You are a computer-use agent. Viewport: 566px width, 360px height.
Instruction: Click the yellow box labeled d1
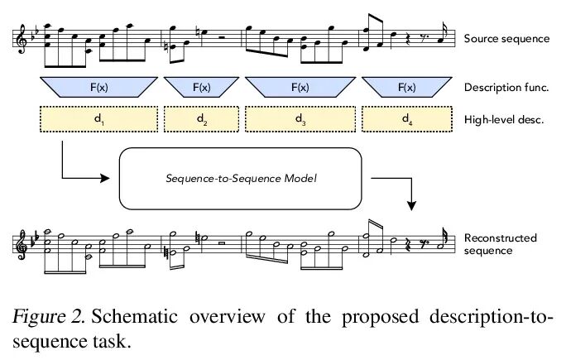[99, 119]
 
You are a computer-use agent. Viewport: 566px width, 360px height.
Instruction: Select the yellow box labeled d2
[201, 119]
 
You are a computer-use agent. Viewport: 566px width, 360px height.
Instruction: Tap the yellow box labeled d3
[300, 119]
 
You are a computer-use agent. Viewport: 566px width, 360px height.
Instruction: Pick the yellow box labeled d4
[406, 119]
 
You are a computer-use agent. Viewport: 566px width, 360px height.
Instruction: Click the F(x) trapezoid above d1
[99, 86]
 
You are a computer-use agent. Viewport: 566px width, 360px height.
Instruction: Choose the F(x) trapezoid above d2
[201, 86]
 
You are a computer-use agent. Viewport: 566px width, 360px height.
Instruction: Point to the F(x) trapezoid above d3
[300, 86]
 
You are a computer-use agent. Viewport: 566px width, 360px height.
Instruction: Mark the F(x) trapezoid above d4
[406, 86]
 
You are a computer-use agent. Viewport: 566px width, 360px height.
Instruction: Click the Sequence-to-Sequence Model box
[241, 178]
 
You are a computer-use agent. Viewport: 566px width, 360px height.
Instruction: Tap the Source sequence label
[506, 38]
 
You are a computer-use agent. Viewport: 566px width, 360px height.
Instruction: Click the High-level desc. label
[503, 119]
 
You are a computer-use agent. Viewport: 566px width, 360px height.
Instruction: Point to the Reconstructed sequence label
[500, 244]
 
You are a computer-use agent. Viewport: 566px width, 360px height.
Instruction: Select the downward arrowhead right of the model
[410, 204]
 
